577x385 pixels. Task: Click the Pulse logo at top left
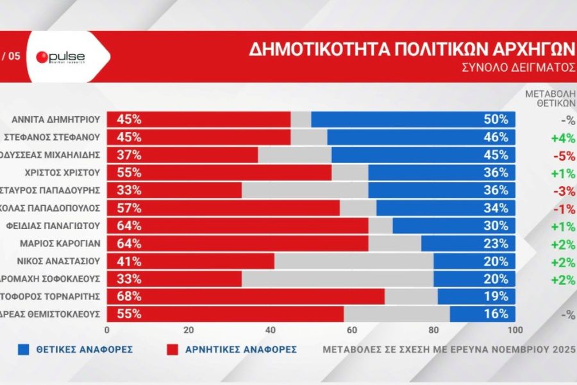tap(61, 57)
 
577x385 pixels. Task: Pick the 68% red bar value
tap(128, 296)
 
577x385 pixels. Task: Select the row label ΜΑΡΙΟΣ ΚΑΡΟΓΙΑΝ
tap(63, 243)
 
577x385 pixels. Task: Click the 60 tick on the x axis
tap(351, 330)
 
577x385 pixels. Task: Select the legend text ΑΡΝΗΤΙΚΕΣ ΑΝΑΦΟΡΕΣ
tap(241, 350)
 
